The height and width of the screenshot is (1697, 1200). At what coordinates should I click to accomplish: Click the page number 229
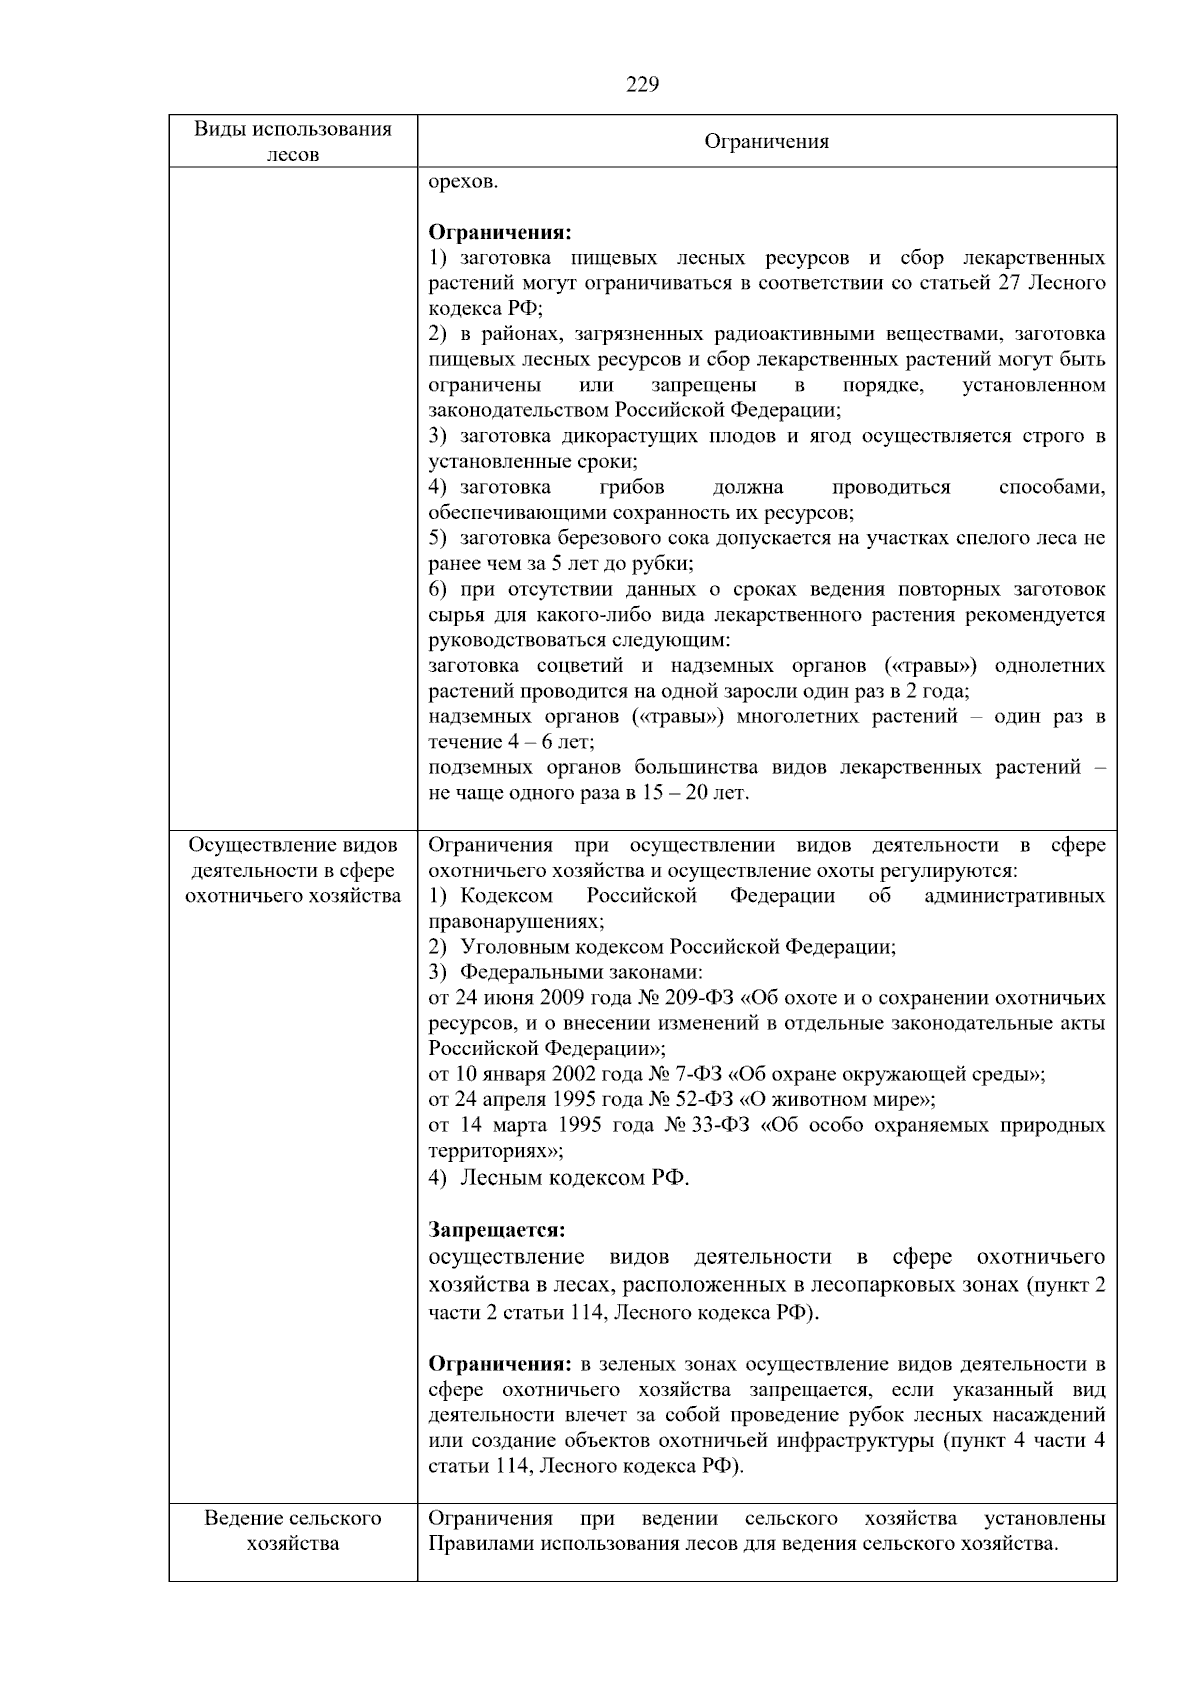642,85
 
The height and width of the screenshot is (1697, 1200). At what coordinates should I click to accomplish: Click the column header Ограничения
766,141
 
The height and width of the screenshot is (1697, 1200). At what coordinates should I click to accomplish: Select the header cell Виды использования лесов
292,141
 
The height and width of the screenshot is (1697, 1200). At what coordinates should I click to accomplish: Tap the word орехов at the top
462,181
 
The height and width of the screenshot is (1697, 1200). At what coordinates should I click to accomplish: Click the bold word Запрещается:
497,1229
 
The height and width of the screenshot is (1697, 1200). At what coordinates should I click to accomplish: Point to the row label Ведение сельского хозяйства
292,1530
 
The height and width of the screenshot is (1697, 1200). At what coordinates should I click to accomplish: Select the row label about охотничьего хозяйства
292,870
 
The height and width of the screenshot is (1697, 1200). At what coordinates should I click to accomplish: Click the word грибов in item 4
632,487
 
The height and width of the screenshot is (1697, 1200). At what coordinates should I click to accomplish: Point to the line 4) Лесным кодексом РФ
560,1177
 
